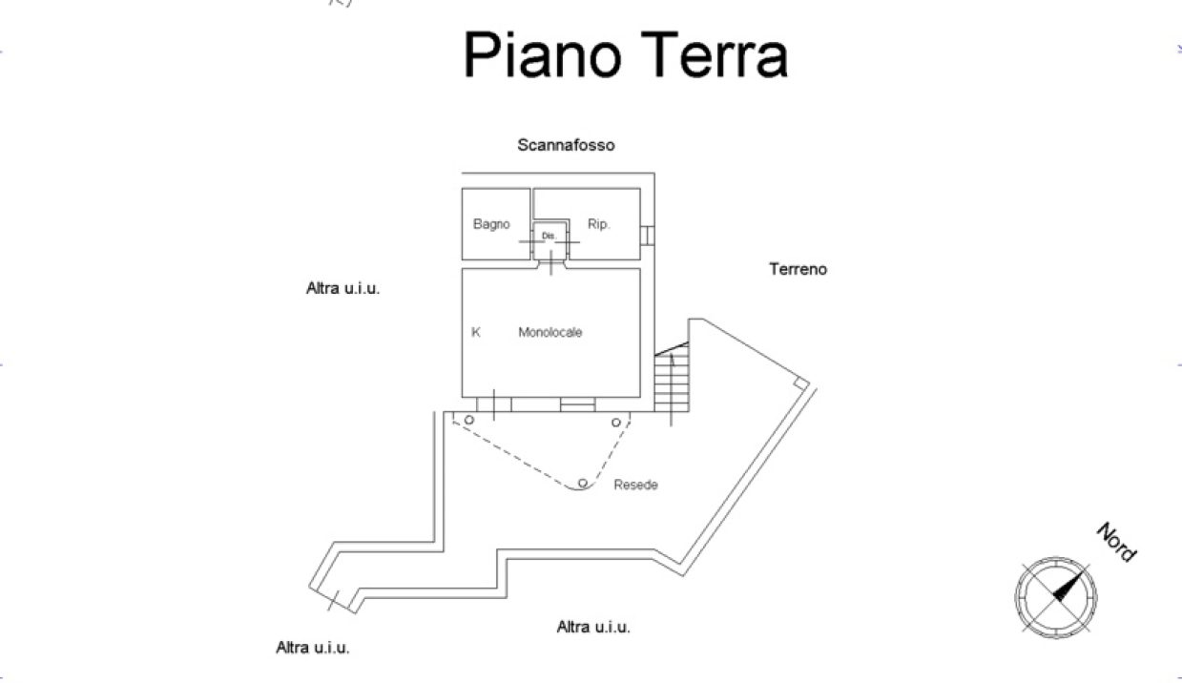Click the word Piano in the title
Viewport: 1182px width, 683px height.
click(543, 55)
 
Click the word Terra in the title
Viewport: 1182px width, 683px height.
click(715, 53)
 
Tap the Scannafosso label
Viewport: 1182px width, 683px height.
click(566, 145)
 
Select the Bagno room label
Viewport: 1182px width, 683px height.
click(491, 224)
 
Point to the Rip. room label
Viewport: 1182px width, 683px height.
click(598, 224)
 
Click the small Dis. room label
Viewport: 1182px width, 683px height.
click(549, 236)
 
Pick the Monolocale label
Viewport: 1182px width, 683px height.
click(550, 332)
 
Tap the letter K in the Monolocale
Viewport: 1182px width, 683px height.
click(475, 332)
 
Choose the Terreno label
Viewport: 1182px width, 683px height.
click(798, 269)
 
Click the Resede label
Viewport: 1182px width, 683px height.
click(635, 485)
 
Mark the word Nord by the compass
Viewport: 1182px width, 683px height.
click(1116, 543)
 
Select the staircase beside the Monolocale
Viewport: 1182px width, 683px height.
click(672, 377)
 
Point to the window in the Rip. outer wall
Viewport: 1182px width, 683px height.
click(648, 236)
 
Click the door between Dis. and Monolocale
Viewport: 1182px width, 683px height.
click(550, 263)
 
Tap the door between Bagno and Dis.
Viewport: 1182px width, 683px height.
click(532, 241)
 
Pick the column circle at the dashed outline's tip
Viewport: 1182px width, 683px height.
click(583, 483)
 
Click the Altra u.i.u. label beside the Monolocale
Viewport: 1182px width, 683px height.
click(343, 288)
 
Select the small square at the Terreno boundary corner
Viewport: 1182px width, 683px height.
click(801, 383)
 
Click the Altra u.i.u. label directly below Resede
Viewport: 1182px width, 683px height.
click(593, 627)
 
